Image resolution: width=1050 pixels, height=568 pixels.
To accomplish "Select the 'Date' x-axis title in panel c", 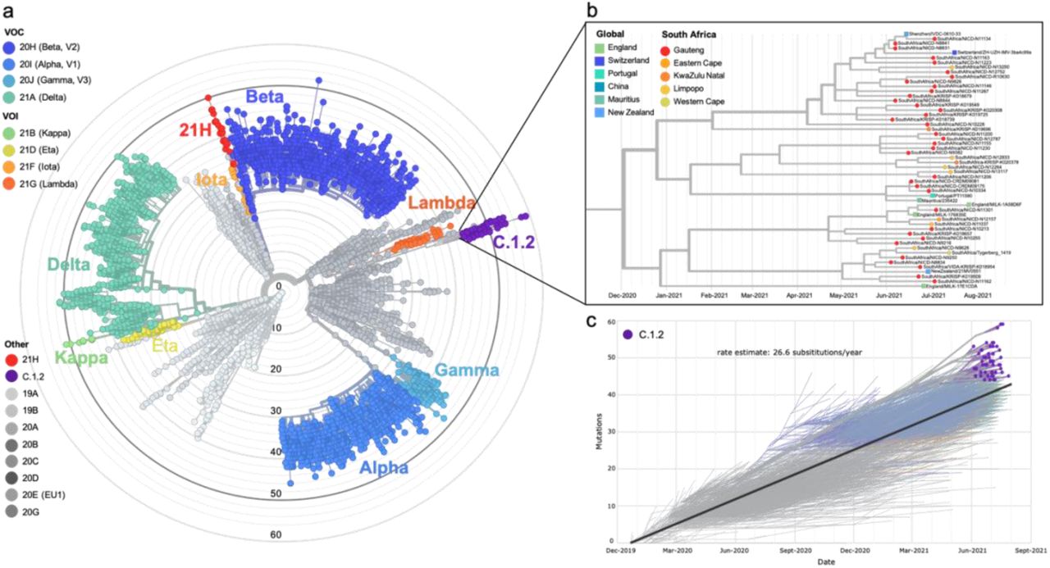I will click(830, 561).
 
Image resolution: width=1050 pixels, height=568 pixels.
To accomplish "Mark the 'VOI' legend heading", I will click(14, 116).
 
